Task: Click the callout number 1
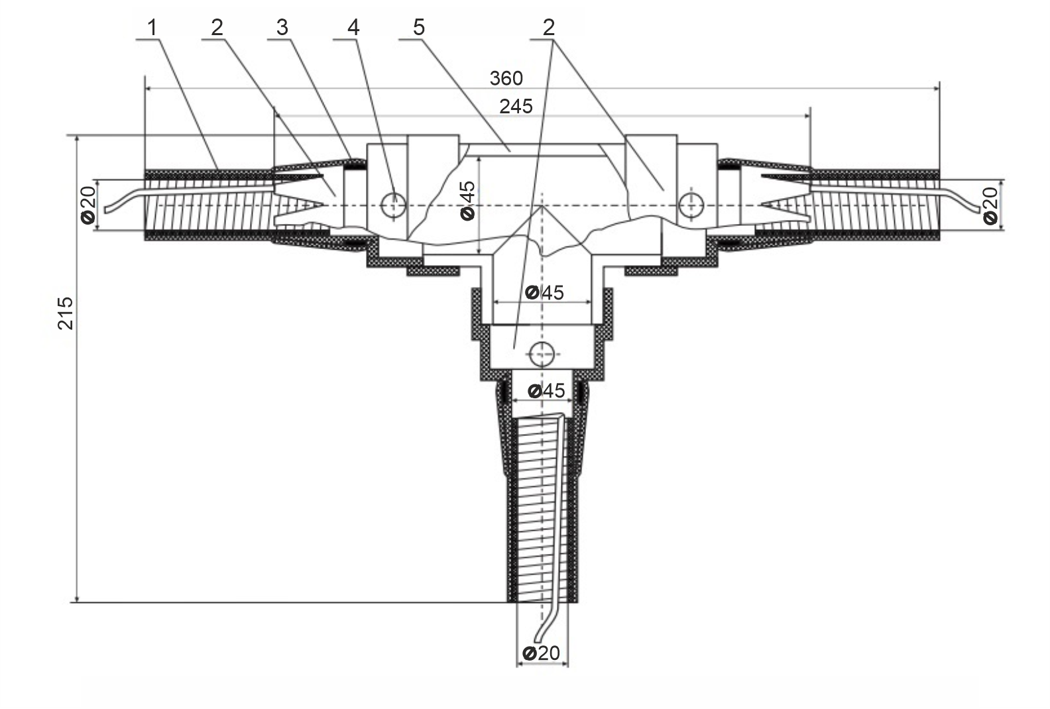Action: (152, 28)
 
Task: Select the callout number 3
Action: (282, 28)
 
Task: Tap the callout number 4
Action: (353, 28)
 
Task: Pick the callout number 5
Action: (418, 28)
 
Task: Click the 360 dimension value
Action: (506, 78)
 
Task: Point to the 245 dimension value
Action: (516, 107)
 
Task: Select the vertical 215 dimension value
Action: (66, 313)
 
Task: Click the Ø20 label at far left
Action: (89, 205)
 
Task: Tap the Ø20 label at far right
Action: (990, 205)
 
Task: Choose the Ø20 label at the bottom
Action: (542, 653)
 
